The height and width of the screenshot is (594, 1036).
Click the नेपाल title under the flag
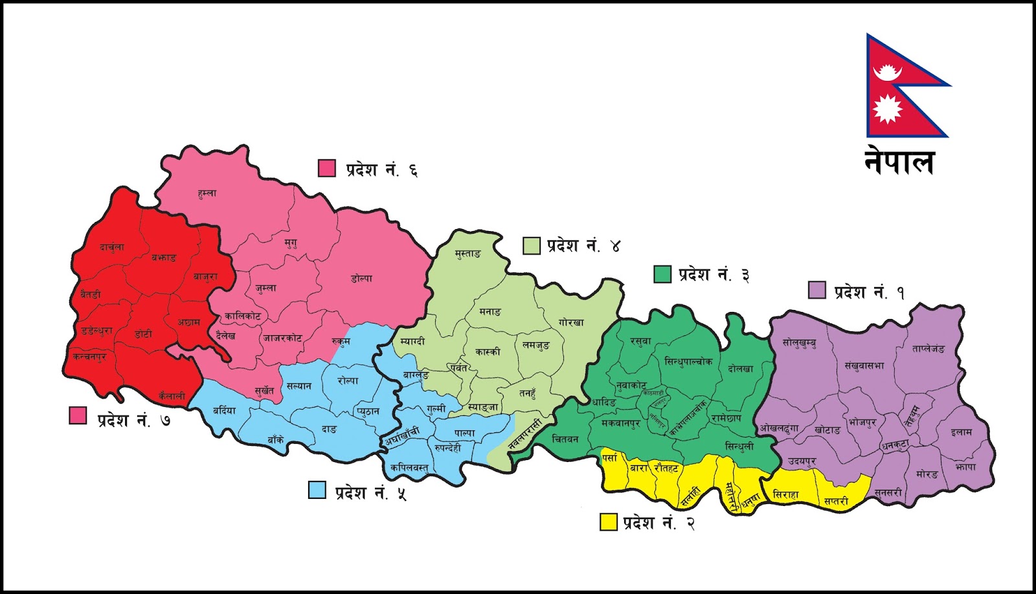[x=899, y=162]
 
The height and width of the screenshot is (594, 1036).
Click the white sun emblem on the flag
[x=886, y=108]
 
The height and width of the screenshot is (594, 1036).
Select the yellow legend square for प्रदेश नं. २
[x=608, y=522]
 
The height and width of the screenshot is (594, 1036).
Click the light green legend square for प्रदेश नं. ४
[x=531, y=246]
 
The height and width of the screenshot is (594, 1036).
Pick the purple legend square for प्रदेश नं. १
[x=816, y=290]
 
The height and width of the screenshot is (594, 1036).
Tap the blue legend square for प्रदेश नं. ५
[x=317, y=490]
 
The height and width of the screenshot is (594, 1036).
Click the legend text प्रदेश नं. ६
[x=381, y=170]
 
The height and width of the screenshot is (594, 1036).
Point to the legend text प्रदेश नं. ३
[x=714, y=275]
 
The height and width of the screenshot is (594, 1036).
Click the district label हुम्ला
[x=207, y=193]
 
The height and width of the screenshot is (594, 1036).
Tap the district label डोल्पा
[x=361, y=279]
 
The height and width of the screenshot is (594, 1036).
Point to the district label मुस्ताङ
[x=467, y=254]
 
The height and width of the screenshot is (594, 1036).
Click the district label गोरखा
[x=571, y=322]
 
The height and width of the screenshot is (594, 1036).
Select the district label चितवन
[x=565, y=439]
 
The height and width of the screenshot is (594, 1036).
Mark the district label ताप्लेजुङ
[x=929, y=349]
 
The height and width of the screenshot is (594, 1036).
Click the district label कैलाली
[x=172, y=395]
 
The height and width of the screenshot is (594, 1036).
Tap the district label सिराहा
[x=785, y=494]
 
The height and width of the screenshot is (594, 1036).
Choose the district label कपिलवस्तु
[x=409, y=467]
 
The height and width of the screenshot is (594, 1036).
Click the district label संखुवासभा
[x=864, y=366]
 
